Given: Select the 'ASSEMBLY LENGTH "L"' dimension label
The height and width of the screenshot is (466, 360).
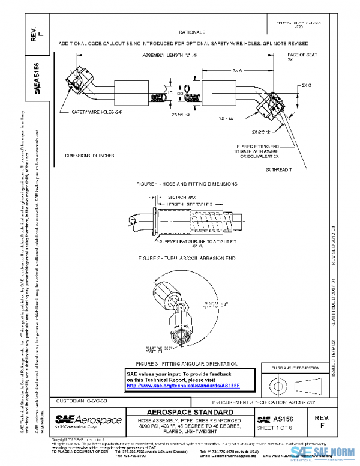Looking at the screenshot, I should click(x=165, y=55).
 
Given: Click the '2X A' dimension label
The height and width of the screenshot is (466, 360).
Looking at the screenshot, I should click(x=237, y=70).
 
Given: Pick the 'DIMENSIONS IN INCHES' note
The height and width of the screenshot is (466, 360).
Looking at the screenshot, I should click(x=89, y=156).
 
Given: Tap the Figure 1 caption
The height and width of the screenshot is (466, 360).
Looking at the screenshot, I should click(x=187, y=183).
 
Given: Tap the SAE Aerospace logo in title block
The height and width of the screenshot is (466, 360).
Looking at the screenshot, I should click(x=88, y=420).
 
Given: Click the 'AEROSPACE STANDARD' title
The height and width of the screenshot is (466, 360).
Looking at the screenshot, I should click(x=190, y=411).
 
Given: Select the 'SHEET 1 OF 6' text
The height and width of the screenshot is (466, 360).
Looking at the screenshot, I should click(x=275, y=428).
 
